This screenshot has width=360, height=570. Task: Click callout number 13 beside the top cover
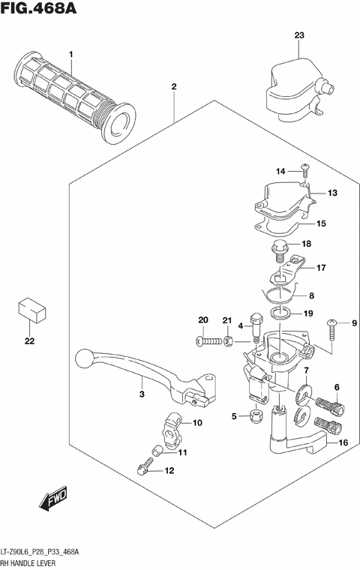[332, 193]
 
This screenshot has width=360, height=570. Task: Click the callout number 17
[320, 268]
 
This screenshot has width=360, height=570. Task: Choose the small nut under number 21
[228, 341]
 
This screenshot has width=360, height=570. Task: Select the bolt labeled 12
[145, 469]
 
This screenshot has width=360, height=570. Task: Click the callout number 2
[174, 87]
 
